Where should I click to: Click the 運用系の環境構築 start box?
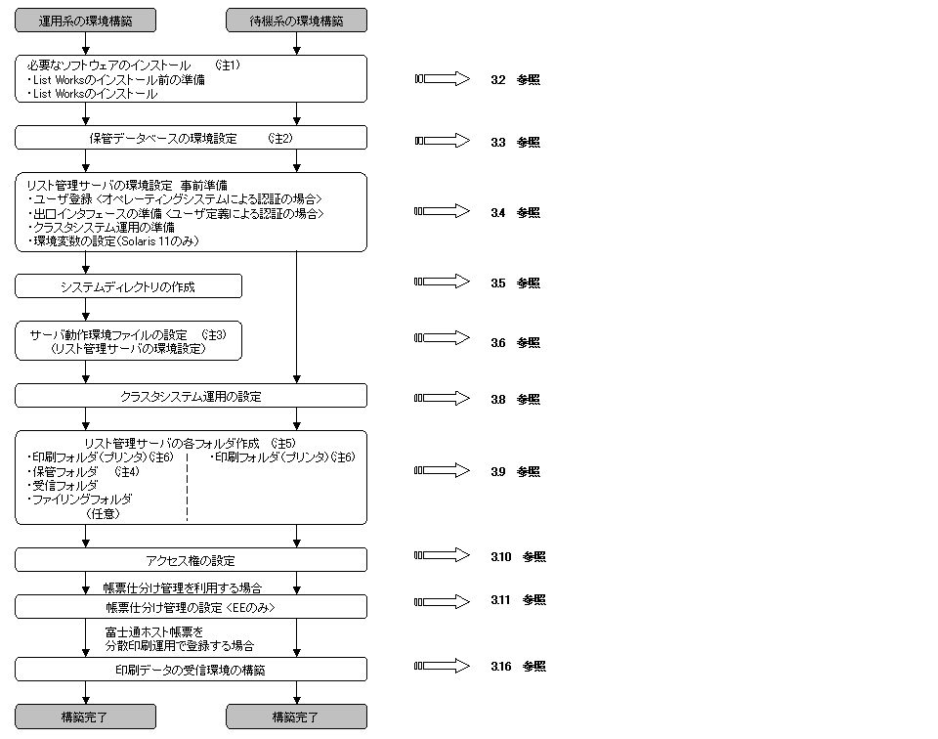coord(86,20)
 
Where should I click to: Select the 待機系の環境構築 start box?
coord(296,20)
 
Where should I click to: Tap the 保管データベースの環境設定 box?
coord(191,138)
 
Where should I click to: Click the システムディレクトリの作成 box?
coord(128,285)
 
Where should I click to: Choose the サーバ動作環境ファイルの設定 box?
coord(128,341)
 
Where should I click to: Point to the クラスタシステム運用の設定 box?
coord(191,396)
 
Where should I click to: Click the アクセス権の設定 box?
coord(191,560)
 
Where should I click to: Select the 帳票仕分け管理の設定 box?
coord(191,607)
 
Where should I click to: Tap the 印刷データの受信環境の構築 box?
coord(191,670)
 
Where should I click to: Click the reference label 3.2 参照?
coord(515,80)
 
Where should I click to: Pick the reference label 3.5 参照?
coord(515,283)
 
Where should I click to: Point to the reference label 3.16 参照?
coord(518,667)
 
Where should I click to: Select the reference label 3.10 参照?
coord(518,557)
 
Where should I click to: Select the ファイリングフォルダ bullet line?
coord(82,499)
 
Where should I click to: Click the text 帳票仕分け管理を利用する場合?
coord(183,588)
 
